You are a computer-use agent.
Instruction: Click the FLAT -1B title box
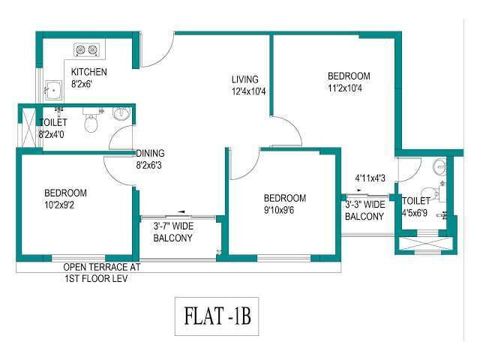coord(217,316)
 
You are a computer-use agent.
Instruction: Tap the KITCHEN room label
coord(89,72)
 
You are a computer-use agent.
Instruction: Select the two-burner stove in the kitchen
coord(87,49)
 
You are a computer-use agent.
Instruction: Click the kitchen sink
coord(54,90)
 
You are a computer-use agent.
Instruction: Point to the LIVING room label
coord(245,79)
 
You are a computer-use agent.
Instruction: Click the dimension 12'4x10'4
coord(248,91)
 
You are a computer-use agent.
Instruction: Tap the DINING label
coord(150,153)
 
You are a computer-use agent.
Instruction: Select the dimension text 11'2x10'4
coord(345,88)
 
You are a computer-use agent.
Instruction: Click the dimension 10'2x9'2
coord(59,205)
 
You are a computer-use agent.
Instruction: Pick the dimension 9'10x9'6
coord(279,210)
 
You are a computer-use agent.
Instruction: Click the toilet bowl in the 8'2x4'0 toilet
coord(91,121)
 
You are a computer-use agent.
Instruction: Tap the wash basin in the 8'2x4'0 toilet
coord(121,114)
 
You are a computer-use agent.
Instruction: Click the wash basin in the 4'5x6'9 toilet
coord(439,167)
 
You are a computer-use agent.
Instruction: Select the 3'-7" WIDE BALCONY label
coord(173,232)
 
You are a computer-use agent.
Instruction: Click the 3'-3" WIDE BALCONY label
coord(365,210)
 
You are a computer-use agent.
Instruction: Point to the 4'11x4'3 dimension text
coord(370,178)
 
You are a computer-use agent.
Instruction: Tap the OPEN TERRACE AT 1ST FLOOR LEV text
coord(102,273)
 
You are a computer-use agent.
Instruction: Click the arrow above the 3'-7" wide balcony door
coord(181,211)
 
